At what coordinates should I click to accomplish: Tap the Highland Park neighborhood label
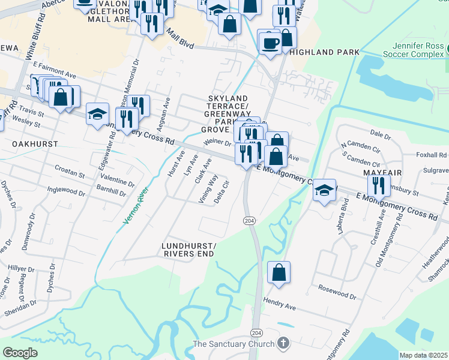pyautogui.click(x=324, y=52)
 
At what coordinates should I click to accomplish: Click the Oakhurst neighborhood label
pyautogui.click(x=35, y=144)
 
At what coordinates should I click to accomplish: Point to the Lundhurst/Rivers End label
pyautogui.click(x=188, y=250)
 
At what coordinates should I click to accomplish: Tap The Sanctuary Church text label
pyautogui.click(x=233, y=344)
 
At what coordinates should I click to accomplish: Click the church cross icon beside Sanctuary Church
pyautogui.click(x=283, y=344)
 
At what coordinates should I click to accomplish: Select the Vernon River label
pyautogui.click(x=136, y=205)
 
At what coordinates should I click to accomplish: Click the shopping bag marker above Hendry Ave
pyautogui.click(x=279, y=272)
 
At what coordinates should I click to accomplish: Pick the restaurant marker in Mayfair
pyautogui.click(x=378, y=185)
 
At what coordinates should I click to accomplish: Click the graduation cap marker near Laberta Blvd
pyautogui.click(x=324, y=190)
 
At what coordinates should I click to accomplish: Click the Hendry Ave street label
pyautogui.click(x=280, y=305)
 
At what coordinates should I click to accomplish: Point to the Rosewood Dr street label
pyautogui.click(x=337, y=292)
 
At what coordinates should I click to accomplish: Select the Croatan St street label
pyautogui.click(x=70, y=172)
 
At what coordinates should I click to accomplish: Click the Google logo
pyautogui.click(x=20, y=353)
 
